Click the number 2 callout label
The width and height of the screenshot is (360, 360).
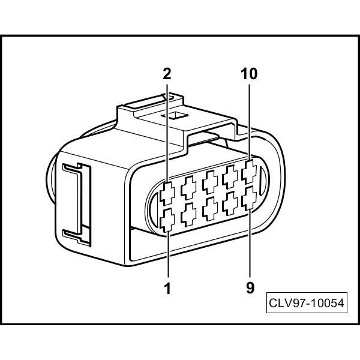click(x=167, y=74)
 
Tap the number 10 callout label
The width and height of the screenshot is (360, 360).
click(x=250, y=74)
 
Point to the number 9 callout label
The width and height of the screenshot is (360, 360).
click(x=250, y=288)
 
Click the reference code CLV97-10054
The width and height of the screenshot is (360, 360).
click(x=306, y=304)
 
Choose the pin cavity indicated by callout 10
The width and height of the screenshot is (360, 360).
click(x=250, y=174)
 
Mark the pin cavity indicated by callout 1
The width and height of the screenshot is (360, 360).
click(x=167, y=222)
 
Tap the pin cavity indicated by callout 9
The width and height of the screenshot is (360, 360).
click(x=250, y=196)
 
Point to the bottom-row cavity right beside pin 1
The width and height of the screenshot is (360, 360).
click(x=189, y=214)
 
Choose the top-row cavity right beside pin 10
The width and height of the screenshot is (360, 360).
click(x=230, y=177)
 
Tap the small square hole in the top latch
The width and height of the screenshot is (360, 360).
click(x=176, y=115)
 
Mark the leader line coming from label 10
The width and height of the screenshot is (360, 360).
click(x=250, y=120)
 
